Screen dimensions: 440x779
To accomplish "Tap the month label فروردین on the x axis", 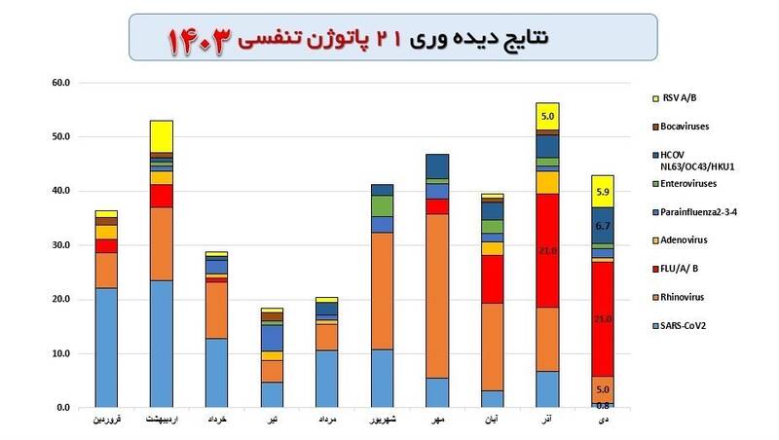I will pyautogui.click(x=106, y=421).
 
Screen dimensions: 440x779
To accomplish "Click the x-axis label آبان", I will pyautogui.click(x=492, y=421).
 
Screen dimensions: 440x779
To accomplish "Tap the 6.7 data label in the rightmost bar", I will pyautogui.click(x=603, y=225).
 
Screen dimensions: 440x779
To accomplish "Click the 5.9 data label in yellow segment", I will pyautogui.click(x=603, y=192).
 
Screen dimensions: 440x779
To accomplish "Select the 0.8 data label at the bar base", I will pyautogui.click(x=603, y=404).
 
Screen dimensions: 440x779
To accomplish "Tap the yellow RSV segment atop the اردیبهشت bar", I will pyautogui.click(x=161, y=135).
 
